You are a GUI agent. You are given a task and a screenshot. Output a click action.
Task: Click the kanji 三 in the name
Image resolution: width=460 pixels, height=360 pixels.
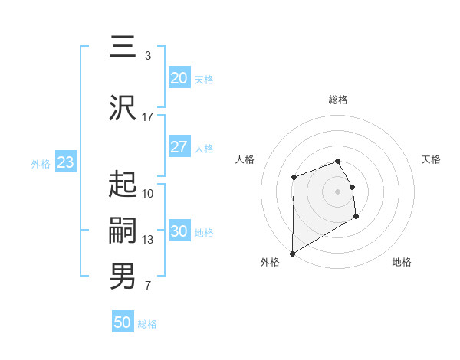click(x=123, y=47)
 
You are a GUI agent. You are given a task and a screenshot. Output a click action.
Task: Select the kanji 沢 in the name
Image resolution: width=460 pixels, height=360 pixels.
click(x=123, y=108)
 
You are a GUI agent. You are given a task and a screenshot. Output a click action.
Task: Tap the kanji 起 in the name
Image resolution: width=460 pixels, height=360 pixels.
click(x=123, y=184)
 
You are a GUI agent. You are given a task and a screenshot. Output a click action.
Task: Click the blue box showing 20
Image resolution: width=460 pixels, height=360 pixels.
click(x=179, y=78)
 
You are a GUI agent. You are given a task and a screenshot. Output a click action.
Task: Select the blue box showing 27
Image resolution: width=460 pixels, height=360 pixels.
click(x=179, y=148)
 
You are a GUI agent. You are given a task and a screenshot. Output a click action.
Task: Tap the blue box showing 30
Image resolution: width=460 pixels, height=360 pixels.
click(x=179, y=232)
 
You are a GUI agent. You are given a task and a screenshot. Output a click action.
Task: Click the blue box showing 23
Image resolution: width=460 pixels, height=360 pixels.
click(x=65, y=162)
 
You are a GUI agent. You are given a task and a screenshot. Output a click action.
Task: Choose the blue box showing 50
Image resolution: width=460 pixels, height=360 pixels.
click(x=123, y=322)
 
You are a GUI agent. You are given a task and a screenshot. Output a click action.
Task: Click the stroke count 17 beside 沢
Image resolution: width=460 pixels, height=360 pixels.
click(x=148, y=117)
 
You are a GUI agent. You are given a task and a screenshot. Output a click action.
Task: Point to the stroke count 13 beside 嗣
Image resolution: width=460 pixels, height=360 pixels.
click(x=148, y=240)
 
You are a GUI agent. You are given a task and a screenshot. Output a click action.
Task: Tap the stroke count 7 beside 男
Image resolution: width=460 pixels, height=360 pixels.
click(x=148, y=286)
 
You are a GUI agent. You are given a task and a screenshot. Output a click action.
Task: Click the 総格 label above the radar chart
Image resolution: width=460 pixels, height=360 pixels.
click(x=338, y=100)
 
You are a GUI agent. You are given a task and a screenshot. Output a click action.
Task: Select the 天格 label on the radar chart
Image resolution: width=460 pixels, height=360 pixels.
click(x=431, y=159)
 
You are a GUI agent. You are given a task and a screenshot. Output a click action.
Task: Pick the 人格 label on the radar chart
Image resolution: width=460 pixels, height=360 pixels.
click(x=245, y=159)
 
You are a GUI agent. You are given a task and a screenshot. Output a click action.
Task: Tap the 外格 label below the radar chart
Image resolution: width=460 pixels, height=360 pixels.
click(x=270, y=262)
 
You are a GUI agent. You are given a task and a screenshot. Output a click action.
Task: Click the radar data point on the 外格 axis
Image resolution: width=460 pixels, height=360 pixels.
click(x=292, y=253)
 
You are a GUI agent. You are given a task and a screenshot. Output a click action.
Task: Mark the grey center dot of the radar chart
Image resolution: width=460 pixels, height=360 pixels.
click(x=338, y=191)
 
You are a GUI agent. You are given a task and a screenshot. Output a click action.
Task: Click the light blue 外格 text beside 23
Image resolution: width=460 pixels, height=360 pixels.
click(x=41, y=163)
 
